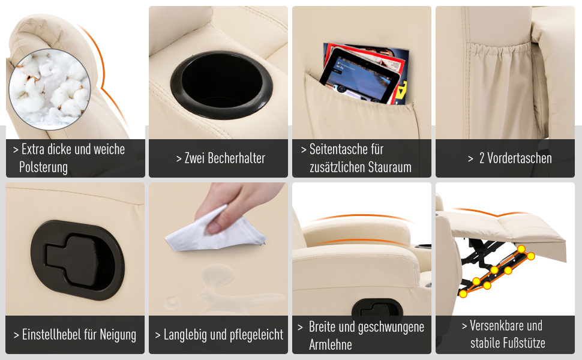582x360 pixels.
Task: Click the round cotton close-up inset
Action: [x=49, y=89]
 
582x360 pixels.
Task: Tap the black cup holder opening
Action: [x=221, y=85]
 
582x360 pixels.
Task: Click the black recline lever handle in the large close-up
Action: [x=77, y=260]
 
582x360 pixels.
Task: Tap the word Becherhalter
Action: [x=236, y=158]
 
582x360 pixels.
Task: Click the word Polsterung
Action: [x=43, y=167]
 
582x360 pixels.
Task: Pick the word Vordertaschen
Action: [x=519, y=158]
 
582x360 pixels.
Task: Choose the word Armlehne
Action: [x=331, y=345]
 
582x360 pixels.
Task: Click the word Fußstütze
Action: [x=508, y=343]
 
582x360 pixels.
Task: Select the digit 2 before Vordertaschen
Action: [x=482, y=158]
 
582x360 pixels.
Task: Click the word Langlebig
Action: [x=185, y=335]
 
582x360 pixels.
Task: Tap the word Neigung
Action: [x=119, y=335]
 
